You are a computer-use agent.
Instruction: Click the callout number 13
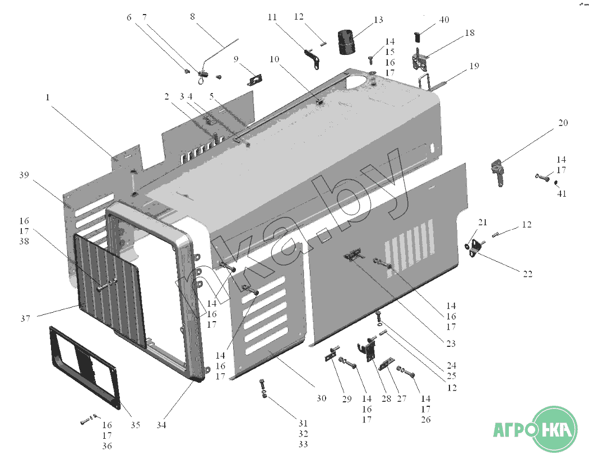pyautogui.click(x=378, y=20)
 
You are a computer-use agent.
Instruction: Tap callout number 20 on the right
pyautogui.click(x=563, y=123)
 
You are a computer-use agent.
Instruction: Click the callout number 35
pyautogui.click(x=135, y=425)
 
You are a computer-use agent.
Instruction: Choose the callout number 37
pyautogui.click(x=25, y=318)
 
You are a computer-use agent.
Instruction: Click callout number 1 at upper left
pyautogui.click(x=48, y=97)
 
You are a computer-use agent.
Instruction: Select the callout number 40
pyautogui.click(x=444, y=20)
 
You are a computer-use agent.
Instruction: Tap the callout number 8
pyautogui.click(x=193, y=17)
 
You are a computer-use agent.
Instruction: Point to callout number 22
pyautogui.click(x=528, y=274)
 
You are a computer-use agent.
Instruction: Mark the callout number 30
pyautogui.click(x=321, y=399)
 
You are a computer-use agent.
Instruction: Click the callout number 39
pyautogui.click(x=23, y=175)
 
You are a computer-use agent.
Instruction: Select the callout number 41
pyautogui.click(x=562, y=194)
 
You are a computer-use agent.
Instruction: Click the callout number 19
pyautogui.click(x=474, y=66)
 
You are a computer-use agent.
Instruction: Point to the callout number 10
pyautogui.click(x=274, y=59)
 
